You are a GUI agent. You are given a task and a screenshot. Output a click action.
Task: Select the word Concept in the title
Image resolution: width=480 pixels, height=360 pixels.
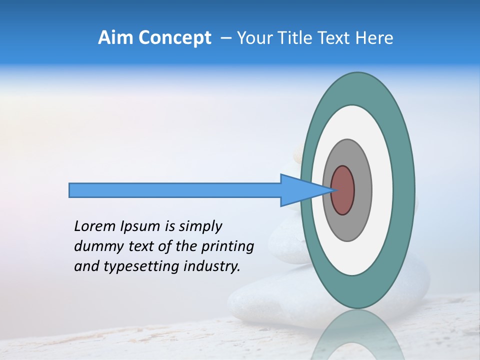click(174, 38)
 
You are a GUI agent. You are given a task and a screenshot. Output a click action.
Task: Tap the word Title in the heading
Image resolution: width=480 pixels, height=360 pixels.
click(297, 38)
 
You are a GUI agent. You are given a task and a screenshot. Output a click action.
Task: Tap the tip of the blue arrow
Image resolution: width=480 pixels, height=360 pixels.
click(332, 190)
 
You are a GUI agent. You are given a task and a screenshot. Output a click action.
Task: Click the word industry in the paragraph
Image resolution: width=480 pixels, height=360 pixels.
click(210, 266)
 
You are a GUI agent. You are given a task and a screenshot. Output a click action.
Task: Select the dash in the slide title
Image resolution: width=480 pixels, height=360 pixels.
click(225, 38)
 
